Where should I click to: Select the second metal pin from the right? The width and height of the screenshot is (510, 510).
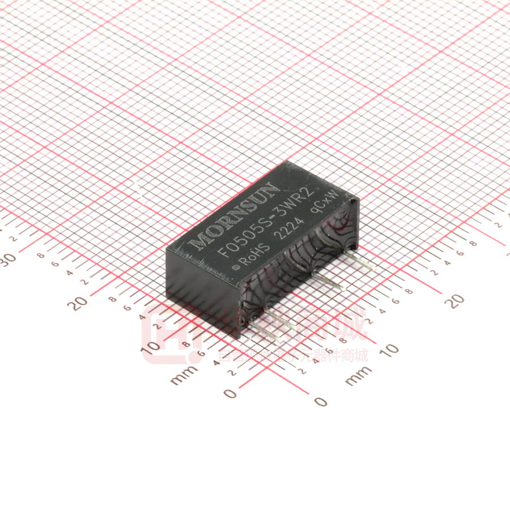(329, 283)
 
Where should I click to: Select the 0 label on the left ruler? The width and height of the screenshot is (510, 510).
(229, 393)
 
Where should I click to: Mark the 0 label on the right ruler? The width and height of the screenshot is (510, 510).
(321, 401)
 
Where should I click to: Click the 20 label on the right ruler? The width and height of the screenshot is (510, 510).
(457, 300)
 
